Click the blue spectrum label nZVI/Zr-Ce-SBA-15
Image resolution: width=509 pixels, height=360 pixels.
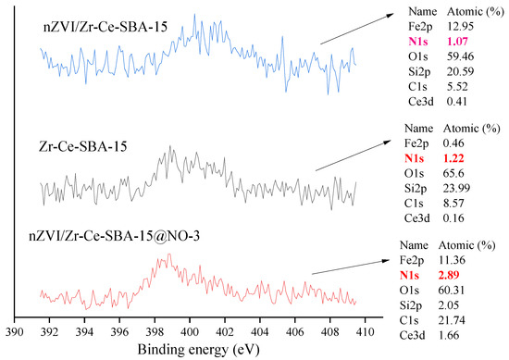106,27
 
